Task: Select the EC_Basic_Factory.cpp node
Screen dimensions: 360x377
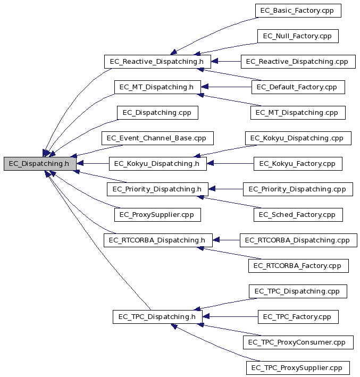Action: pos(298,11)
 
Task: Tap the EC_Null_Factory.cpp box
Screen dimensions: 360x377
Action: pos(298,36)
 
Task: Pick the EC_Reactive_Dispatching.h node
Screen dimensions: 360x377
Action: pos(157,62)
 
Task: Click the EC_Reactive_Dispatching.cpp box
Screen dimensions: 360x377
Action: pos(298,62)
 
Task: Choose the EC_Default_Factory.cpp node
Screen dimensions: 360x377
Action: pos(298,87)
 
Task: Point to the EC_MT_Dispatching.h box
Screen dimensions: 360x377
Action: pos(157,87)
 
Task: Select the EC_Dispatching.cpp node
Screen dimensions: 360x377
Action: pos(157,113)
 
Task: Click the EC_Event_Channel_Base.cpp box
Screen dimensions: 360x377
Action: pos(157,138)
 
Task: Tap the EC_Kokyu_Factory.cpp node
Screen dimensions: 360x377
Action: pos(298,164)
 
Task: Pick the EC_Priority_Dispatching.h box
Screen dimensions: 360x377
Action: pos(157,189)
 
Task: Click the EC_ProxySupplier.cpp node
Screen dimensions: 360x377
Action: pos(157,215)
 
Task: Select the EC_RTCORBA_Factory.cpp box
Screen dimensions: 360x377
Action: pos(298,266)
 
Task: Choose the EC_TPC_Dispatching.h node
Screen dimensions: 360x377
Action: pos(157,317)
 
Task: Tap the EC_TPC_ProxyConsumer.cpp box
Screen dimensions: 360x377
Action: pos(298,342)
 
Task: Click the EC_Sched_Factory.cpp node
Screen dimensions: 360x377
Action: pos(298,215)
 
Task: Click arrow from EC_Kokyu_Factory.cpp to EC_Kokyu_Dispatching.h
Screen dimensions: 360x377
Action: pos(230,163)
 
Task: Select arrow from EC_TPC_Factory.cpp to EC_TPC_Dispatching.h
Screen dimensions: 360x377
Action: pos(230,317)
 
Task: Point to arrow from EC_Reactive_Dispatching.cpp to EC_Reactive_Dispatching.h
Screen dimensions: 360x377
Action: pos(226,61)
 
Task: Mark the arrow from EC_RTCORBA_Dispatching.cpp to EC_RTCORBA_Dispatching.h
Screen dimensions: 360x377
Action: pos(226,240)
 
